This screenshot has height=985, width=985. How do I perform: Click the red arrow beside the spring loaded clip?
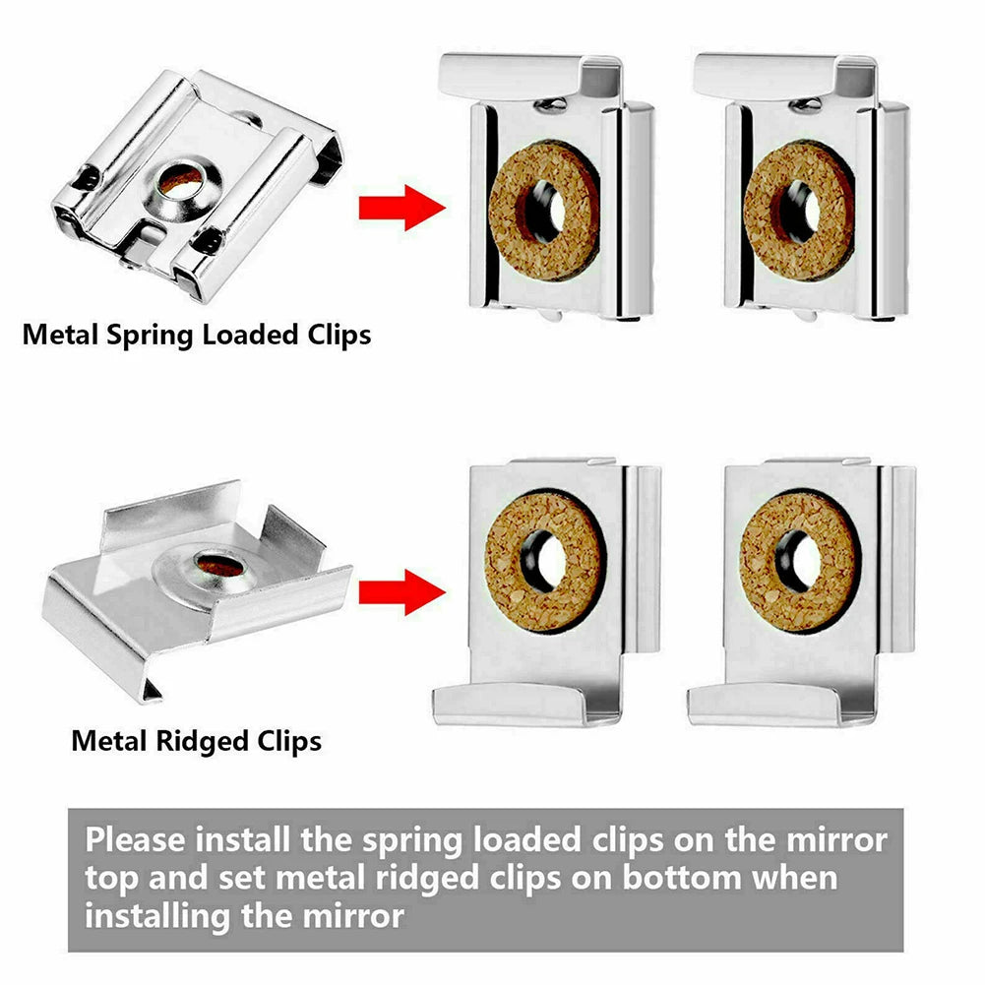401,208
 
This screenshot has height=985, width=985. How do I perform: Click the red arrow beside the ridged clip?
401,593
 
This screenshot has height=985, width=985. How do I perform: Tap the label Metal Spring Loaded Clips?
197,335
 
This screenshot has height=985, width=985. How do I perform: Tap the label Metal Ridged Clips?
196,740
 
